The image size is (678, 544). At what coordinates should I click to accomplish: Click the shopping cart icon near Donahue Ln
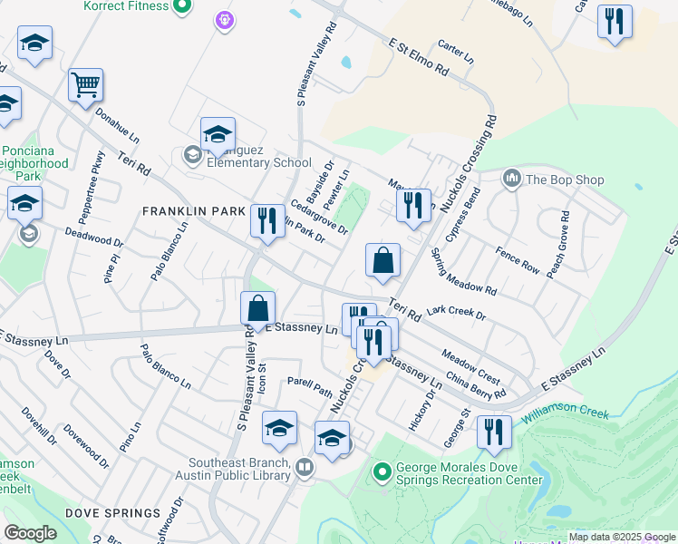coord(85,84)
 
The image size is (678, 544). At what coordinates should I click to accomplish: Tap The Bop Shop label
coord(564,180)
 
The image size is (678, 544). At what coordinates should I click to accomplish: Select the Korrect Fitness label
coord(125,5)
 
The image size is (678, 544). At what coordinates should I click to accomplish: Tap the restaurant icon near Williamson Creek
coord(494,431)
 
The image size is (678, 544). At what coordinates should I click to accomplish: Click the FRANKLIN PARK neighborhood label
coord(194,211)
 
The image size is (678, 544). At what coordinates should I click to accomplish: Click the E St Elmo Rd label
coord(419,56)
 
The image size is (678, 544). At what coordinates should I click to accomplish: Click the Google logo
coord(30,533)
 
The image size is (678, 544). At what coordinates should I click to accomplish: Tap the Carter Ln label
coord(456,51)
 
